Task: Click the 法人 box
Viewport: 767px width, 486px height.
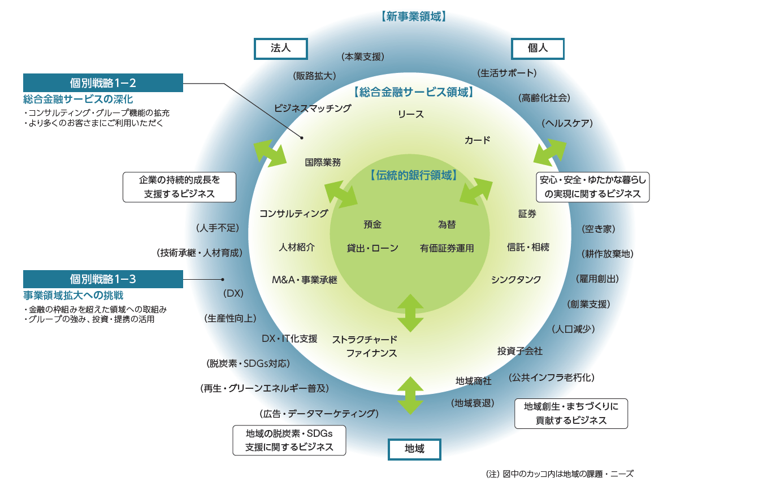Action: coord(281,49)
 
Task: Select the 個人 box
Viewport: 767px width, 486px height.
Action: coord(538,49)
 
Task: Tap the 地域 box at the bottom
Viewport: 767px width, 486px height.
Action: coord(414,449)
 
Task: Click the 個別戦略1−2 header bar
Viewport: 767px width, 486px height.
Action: coord(103,83)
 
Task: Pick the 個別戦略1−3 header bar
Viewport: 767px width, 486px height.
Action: coord(103,279)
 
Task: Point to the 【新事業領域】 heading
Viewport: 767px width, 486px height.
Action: coord(414,17)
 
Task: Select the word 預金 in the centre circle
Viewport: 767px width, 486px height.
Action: coord(372,224)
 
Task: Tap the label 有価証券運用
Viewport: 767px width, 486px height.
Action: coord(447,248)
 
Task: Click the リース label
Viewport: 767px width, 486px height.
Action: coord(411,114)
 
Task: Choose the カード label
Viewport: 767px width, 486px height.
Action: coord(477,140)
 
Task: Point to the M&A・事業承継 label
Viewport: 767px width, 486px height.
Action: coord(305,279)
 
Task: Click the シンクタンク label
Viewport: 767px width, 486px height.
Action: coord(516,279)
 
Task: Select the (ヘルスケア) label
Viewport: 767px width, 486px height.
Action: coord(567,123)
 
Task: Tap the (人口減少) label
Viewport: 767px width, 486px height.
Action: coord(573,328)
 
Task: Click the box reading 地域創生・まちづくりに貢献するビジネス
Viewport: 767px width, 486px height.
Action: coord(571,413)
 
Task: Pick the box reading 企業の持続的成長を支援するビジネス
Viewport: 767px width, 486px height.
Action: coord(179,187)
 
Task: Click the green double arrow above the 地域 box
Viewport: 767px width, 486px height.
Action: coord(410,396)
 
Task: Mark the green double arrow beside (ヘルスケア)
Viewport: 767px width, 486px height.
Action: coord(550,150)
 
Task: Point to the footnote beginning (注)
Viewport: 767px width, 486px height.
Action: coord(560,474)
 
